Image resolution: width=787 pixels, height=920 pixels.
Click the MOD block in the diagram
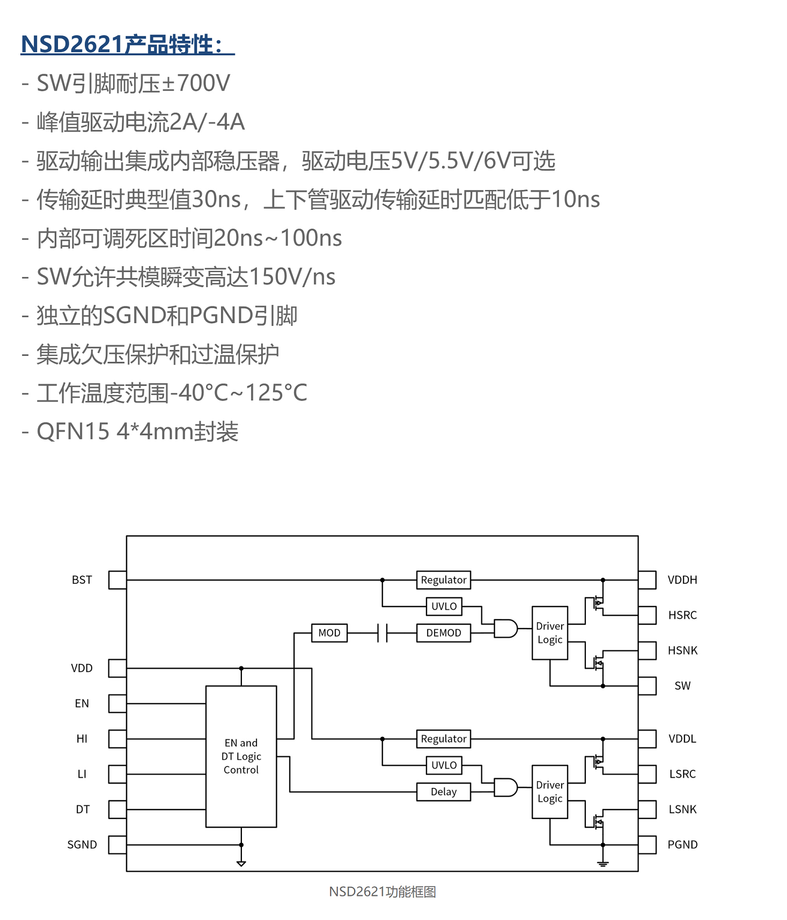click(329, 633)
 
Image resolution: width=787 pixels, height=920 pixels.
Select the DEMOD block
click(443, 633)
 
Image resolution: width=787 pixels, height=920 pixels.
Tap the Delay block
click(443, 792)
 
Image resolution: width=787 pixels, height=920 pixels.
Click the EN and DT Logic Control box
click(241, 756)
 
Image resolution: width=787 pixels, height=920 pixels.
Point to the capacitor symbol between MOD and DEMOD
click(383, 633)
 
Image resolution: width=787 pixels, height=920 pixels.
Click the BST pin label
click(82, 580)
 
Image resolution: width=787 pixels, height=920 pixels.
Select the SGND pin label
click(82, 844)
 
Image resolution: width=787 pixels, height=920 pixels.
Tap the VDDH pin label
click(682, 580)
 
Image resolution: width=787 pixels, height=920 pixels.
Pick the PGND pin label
click(682, 844)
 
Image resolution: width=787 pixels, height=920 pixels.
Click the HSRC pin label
click(682, 615)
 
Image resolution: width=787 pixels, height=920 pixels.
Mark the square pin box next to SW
click(648, 686)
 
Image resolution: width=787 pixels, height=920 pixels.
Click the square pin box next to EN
click(117, 704)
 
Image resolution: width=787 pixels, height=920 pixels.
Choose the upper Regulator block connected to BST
click(443, 580)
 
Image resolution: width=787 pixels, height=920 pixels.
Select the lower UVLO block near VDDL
click(444, 765)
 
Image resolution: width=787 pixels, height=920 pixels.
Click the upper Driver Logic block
click(550, 633)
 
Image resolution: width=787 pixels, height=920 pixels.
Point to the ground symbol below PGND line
click(603, 864)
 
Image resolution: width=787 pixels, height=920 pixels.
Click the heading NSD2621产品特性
click(127, 44)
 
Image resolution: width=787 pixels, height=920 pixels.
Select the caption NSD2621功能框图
click(382, 892)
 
